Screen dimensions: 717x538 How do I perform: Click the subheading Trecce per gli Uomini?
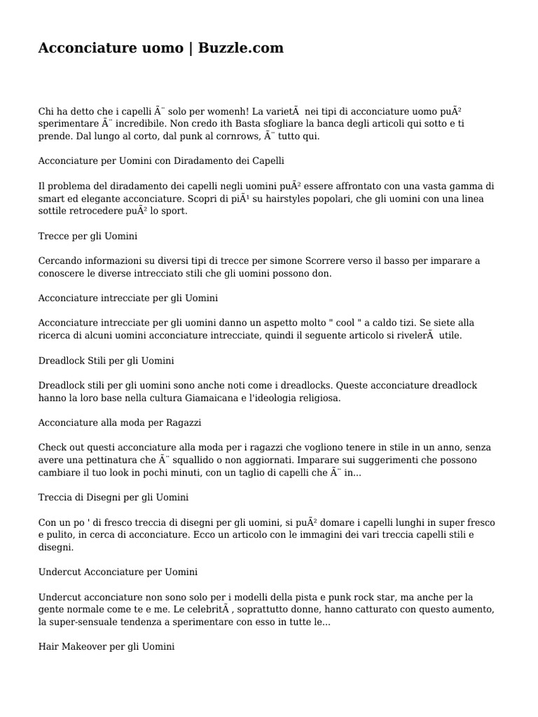click(88, 236)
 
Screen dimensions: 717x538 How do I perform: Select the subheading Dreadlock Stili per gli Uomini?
click(106, 361)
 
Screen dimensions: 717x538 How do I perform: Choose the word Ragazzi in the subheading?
click(185, 423)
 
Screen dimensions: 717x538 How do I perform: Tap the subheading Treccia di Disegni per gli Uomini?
click(113, 497)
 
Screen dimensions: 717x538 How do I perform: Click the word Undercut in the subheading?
click(59, 572)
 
